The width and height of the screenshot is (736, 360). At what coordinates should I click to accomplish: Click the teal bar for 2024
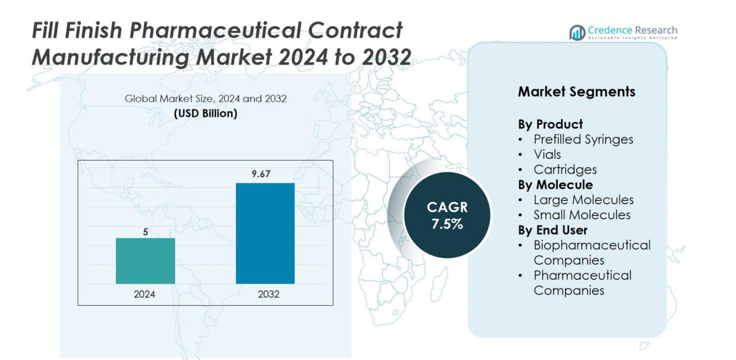pos(145,261)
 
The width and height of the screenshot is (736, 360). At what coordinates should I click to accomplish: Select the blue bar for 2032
pos(265,233)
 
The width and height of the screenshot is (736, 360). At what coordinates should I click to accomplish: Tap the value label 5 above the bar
pos(145,232)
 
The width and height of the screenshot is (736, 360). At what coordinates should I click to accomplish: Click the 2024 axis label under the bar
pos(145,294)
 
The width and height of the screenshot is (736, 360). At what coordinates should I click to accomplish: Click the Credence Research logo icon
pos(577,33)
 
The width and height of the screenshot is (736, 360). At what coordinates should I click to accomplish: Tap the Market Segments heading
pos(576,92)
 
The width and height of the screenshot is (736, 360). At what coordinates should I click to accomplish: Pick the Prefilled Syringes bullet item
pos(583,139)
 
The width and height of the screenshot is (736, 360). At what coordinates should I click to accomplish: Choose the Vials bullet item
pos(547,154)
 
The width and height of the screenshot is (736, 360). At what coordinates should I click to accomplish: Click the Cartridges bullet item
pos(565,169)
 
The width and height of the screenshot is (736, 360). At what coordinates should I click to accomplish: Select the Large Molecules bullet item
pos(583,199)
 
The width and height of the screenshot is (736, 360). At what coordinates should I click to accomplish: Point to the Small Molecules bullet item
pos(582,215)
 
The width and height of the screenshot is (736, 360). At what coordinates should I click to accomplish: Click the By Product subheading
pos(550,124)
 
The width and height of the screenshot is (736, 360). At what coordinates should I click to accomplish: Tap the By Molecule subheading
pos(555,185)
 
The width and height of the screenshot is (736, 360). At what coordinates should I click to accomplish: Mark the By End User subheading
pos(553,230)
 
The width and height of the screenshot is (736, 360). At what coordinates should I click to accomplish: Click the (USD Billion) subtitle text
pos(206,113)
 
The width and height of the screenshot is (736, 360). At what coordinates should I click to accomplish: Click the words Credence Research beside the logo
pos(632,30)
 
